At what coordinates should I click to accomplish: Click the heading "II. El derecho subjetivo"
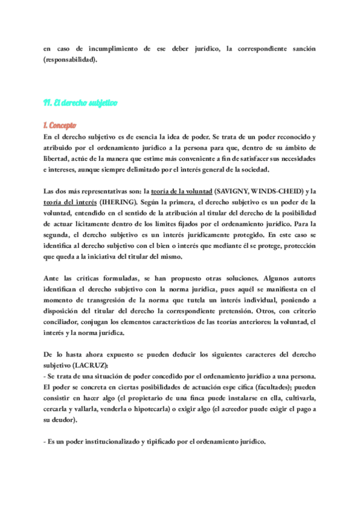tap(80, 103)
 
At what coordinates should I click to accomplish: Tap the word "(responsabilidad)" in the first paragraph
tap(70, 59)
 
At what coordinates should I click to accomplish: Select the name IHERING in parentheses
tap(103, 202)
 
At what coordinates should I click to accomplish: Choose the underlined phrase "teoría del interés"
tap(68, 202)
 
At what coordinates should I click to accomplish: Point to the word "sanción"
tap(298, 48)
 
